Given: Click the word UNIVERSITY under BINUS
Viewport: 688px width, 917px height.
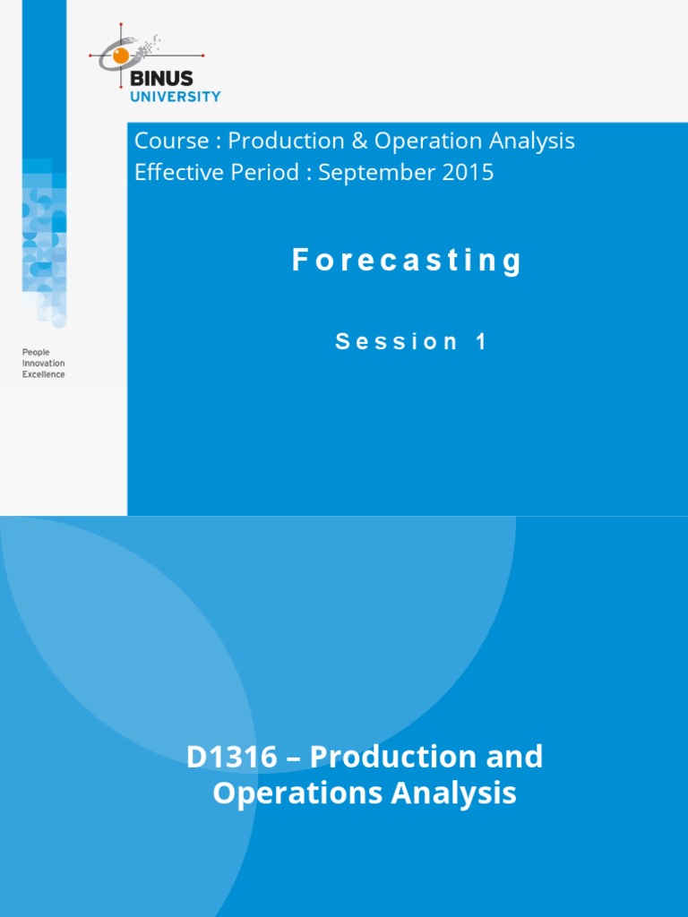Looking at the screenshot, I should [x=176, y=96].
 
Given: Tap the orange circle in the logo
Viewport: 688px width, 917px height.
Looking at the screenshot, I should [x=120, y=56].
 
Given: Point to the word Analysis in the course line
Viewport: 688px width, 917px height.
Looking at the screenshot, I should [x=532, y=141].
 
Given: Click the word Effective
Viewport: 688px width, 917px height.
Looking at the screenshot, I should [x=173, y=172].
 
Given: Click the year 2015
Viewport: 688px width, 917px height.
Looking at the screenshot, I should [x=467, y=172].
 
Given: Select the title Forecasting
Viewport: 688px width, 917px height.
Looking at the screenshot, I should [x=408, y=261].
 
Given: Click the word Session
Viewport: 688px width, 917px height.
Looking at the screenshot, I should [x=397, y=341].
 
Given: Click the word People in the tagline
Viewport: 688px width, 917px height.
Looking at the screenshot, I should [x=36, y=353].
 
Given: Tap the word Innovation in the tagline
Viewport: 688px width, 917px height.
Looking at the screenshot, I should [x=43, y=364].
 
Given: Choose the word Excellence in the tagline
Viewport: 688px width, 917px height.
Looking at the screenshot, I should [x=43, y=374].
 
